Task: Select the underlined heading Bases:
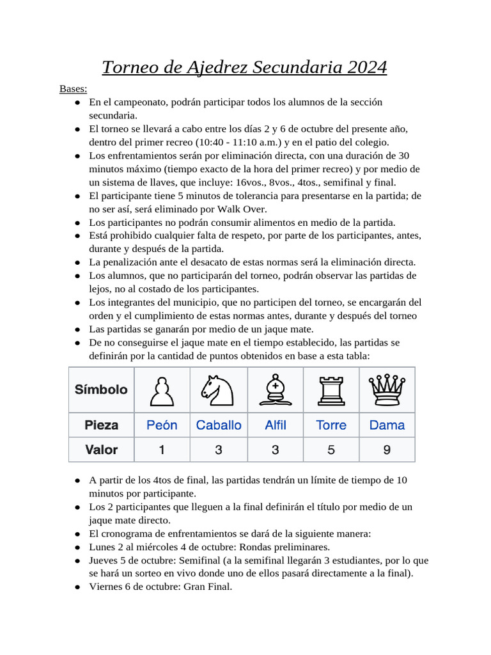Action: [x=74, y=88]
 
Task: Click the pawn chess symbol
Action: [x=162, y=390]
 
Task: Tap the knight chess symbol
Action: [x=218, y=390]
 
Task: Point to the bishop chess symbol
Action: [x=275, y=390]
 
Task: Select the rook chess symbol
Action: [x=331, y=390]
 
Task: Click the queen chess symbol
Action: [x=387, y=390]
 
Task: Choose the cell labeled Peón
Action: [x=162, y=425]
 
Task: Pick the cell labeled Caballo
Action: [x=219, y=425]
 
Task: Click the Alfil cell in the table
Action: [x=275, y=425]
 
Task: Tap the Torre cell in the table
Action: [x=331, y=425]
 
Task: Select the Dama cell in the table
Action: [x=387, y=425]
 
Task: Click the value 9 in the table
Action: [x=387, y=450]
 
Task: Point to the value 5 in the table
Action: [x=331, y=450]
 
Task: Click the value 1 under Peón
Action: [x=162, y=450]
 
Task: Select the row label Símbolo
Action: [x=101, y=390]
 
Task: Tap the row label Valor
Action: [x=101, y=450]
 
